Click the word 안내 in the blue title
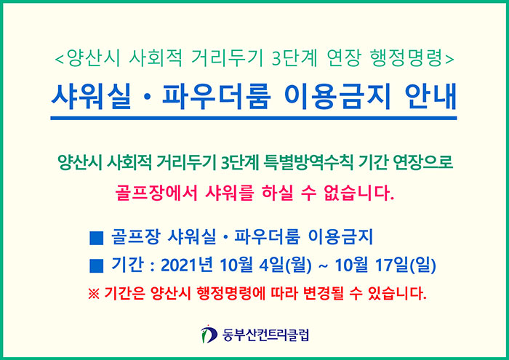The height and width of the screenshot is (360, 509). pos(430,97)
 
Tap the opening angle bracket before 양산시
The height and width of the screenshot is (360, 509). pos(60,60)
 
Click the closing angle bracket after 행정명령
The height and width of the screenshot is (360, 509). pos(449,60)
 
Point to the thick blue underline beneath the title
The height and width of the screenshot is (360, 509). pos(254,118)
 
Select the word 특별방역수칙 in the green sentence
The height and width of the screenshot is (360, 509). pos(308,163)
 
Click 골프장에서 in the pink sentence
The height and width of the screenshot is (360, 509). pos(156,193)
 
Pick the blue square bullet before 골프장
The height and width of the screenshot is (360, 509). pos(97,238)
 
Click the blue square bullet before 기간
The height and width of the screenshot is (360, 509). pos(97,266)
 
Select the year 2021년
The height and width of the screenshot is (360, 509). pos(186,265)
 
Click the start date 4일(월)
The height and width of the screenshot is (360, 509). pos(285,265)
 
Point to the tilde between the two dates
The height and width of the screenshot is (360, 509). pos(323,266)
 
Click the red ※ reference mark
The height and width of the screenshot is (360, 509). pos(94,294)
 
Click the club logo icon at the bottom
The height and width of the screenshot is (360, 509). pos(209,335)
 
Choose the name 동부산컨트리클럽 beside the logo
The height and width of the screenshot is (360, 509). pos(265,335)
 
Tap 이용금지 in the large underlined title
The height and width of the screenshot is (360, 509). pos(337,97)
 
